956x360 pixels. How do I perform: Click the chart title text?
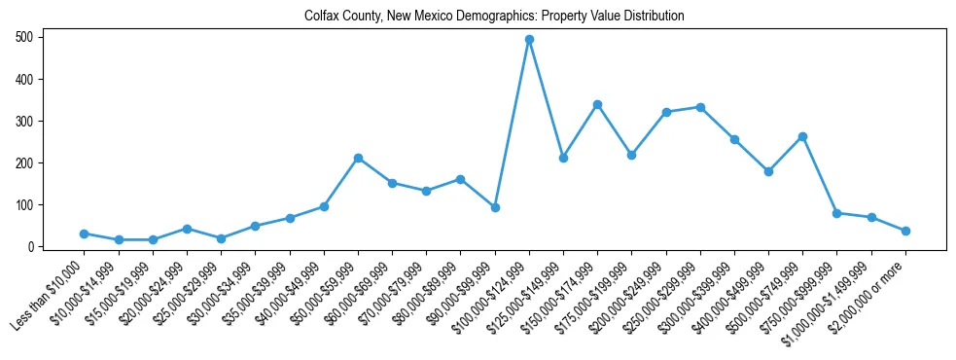494,17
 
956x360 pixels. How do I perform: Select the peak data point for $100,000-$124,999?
529,40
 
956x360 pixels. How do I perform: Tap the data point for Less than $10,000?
85,234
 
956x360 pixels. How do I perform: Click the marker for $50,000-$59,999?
358,158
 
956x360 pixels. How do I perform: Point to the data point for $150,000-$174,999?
597,104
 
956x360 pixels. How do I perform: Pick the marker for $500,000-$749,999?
802,136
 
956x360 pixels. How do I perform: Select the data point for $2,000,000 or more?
905,231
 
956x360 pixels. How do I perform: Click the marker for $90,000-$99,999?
495,207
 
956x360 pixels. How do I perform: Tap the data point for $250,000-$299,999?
700,107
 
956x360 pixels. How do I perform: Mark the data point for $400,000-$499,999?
768,171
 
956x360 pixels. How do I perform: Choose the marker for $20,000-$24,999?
187,229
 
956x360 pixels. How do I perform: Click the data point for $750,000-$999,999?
836,213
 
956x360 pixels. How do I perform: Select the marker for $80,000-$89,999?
460,179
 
